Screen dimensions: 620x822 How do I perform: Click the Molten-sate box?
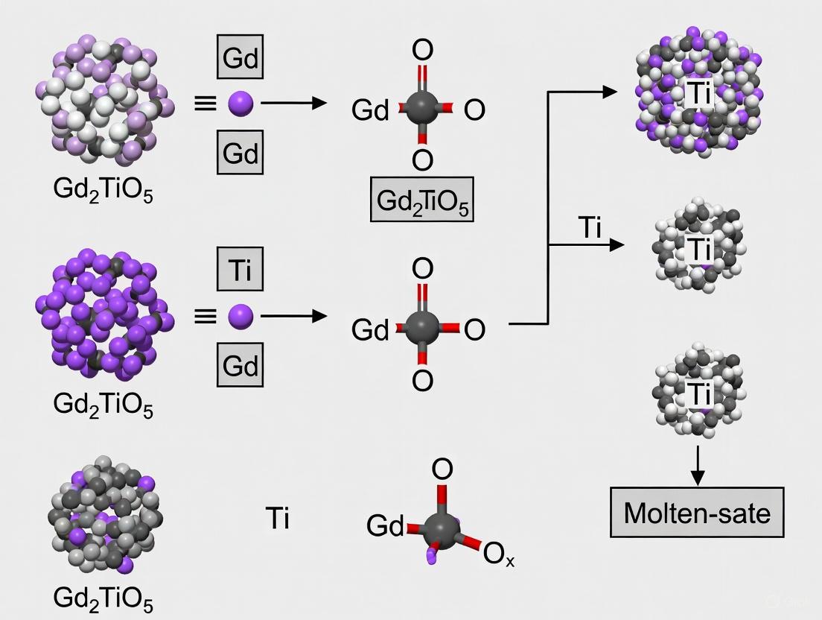pyautogui.click(x=697, y=512)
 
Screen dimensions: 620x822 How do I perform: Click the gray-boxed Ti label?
pyautogui.click(x=240, y=270)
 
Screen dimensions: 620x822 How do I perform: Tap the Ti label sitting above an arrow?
pyautogui.click(x=590, y=229)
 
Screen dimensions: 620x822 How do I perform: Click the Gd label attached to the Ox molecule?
pyautogui.click(x=385, y=525)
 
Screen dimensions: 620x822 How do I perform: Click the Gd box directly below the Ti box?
pyautogui.click(x=240, y=365)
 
